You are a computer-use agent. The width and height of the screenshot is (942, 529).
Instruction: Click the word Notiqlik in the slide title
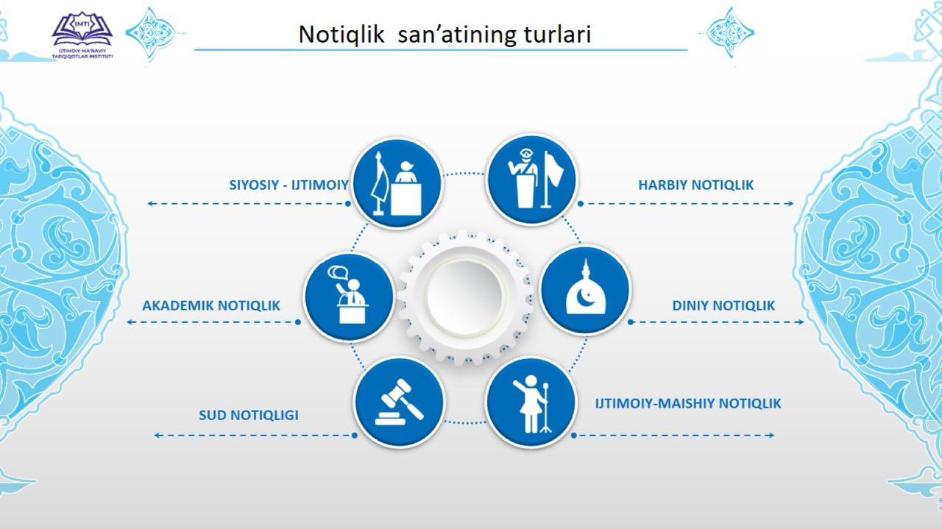(341, 34)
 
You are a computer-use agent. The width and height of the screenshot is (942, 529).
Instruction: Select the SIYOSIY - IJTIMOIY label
(289, 185)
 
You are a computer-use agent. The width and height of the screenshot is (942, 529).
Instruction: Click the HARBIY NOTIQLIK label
(696, 185)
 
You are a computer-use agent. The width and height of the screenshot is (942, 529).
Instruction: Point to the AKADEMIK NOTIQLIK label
(211, 305)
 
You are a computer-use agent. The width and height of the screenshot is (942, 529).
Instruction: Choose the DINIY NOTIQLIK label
(723, 305)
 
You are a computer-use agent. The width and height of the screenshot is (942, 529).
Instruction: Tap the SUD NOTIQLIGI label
(249, 415)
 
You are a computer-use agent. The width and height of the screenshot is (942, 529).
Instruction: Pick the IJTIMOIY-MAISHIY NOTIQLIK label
(688, 403)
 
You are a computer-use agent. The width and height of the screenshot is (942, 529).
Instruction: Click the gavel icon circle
(399, 402)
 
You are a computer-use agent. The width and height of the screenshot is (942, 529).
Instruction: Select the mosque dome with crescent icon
(585, 290)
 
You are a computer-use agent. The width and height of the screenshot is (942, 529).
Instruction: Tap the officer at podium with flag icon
(531, 180)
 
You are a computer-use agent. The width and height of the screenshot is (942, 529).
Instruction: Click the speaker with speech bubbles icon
(349, 296)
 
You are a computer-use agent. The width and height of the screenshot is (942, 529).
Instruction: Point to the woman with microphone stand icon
(531, 402)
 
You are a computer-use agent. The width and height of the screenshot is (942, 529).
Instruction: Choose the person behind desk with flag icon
(397, 184)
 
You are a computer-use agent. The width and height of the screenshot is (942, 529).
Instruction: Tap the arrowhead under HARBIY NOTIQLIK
(790, 204)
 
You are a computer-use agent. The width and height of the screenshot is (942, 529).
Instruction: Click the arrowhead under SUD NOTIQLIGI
(157, 436)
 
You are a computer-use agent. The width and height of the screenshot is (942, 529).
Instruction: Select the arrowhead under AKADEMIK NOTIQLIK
(130, 322)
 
